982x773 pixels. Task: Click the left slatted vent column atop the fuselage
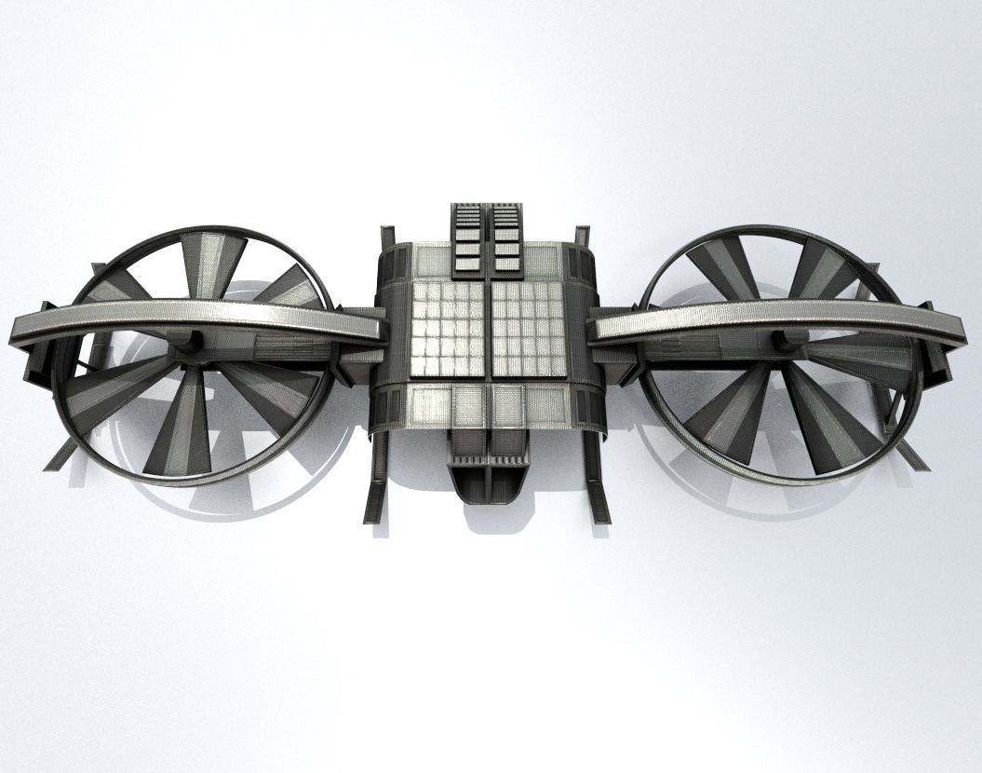click(467, 237)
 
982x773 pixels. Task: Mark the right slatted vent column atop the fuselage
click(506, 237)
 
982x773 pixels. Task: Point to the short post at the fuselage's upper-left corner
click(387, 237)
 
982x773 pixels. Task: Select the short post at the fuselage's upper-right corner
click(583, 237)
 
